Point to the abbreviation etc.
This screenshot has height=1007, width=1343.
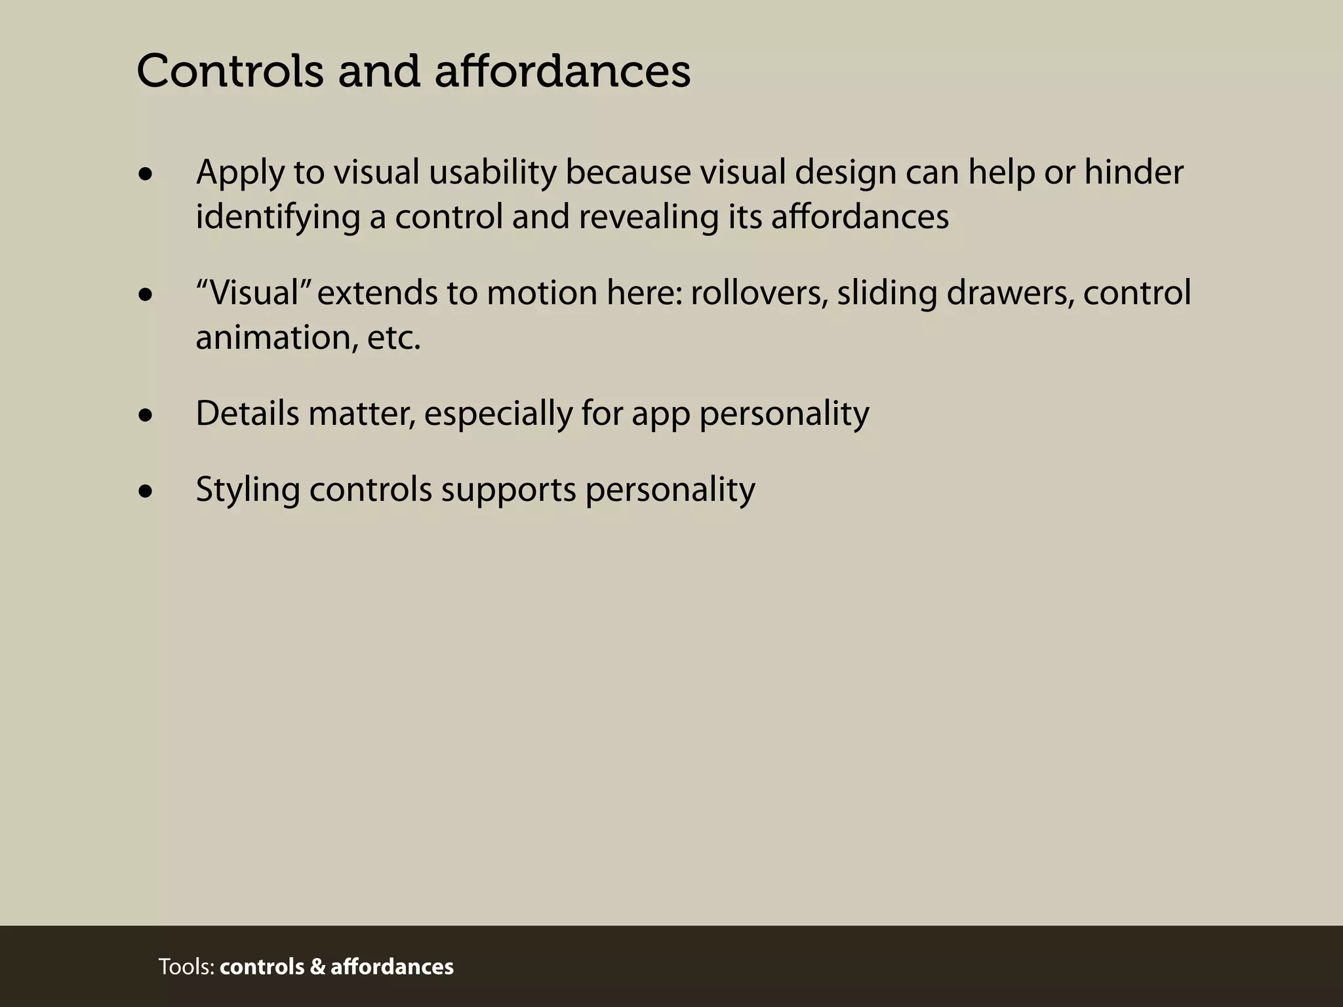click(393, 338)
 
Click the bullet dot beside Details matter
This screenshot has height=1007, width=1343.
click(146, 416)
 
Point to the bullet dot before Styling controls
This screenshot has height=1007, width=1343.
click(146, 491)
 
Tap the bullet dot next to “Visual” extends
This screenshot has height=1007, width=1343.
click(146, 295)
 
